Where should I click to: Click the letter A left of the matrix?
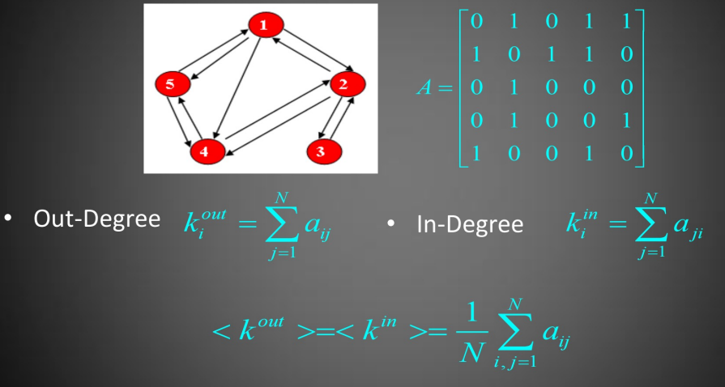pos(426,87)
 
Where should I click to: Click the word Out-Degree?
pos(96,219)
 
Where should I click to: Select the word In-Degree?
pos(470,224)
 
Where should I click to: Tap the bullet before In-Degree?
pos(390,223)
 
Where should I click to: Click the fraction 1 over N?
pos(468,330)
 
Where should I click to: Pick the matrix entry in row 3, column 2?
pos(512,87)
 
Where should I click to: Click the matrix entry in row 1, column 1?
pos(476,21)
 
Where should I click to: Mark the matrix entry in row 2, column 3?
pos(551,54)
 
